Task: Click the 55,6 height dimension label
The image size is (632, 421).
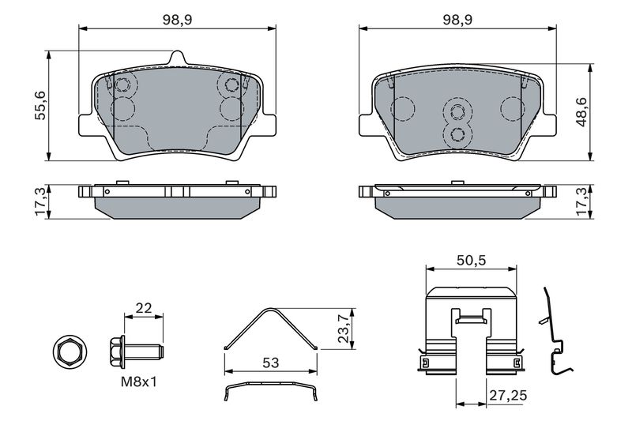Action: point(40,105)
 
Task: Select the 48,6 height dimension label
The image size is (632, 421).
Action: point(581,112)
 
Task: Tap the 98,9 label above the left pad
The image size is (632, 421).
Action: point(178,20)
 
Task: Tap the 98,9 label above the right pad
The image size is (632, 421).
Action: point(458,20)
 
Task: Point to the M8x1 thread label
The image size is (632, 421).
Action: point(139,382)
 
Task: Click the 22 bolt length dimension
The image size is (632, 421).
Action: point(144,308)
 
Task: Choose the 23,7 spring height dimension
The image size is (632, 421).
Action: point(343,328)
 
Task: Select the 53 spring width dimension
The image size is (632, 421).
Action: point(270,363)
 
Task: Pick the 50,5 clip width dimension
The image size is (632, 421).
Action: point(471,260)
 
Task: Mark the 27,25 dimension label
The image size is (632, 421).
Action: point(508,395)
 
